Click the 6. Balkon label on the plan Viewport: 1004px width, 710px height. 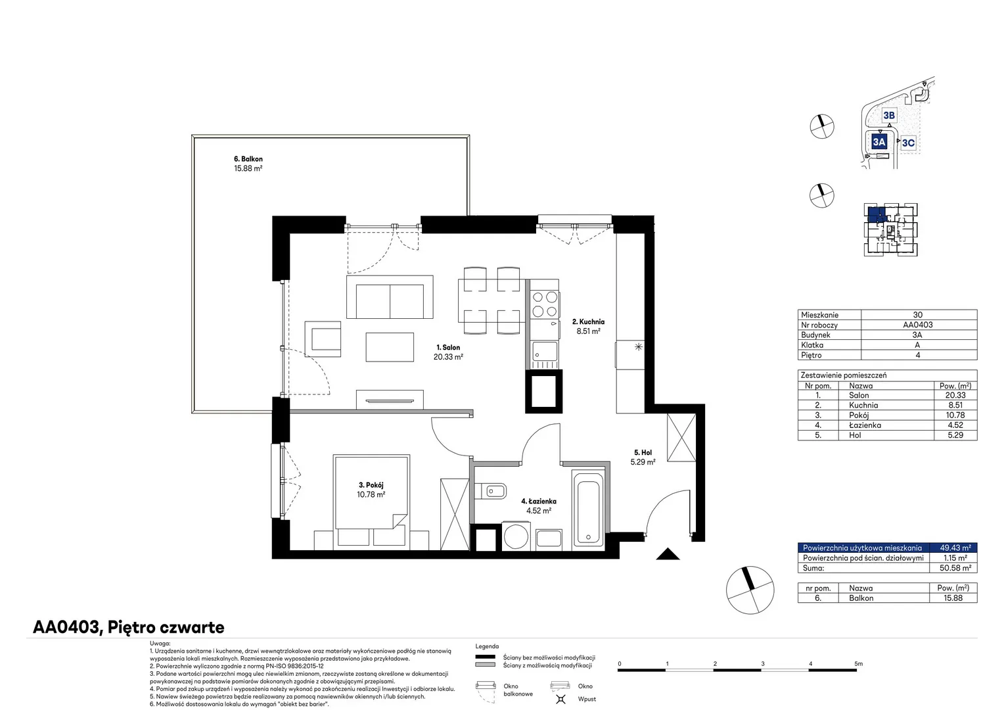point(248,159)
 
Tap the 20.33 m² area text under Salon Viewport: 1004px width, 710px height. point(448,357)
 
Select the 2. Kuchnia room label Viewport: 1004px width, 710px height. point(588,321)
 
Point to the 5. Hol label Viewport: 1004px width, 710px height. point(643,452)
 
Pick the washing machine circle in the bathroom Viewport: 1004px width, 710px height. point(515,536)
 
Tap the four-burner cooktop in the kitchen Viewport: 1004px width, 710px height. point(545,304)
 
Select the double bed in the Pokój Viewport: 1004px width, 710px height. point(371,502)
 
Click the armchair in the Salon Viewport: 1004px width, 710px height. point(323,339)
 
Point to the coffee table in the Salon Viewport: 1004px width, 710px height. point(390,346)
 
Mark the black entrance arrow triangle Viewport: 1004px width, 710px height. point(668,554)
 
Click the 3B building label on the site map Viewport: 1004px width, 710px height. point(889,115)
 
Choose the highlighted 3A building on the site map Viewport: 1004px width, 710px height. point(879,142)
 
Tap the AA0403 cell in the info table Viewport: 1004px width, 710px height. point(917,325)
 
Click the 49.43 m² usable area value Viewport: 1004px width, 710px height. point(955,548)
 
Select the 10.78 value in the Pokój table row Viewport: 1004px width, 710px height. point(955,415)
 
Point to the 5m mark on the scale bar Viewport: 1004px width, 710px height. point(858,663)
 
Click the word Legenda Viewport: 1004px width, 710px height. point(487,646)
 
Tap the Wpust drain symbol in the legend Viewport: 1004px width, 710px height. point(560,699)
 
